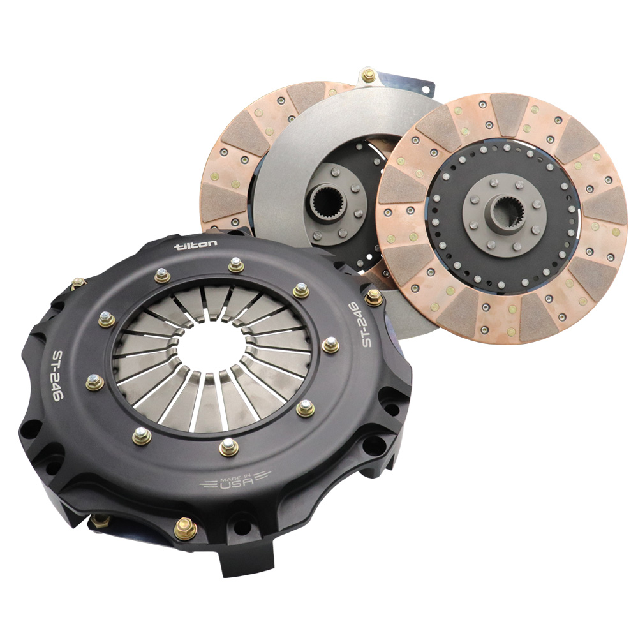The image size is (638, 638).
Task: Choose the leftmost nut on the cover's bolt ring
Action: coord(94,382)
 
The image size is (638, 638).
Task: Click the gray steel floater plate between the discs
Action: coord(300,128)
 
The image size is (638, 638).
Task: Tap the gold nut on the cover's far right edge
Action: coord(373,297)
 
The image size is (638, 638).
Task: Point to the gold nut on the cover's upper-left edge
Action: coord(79,283)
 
